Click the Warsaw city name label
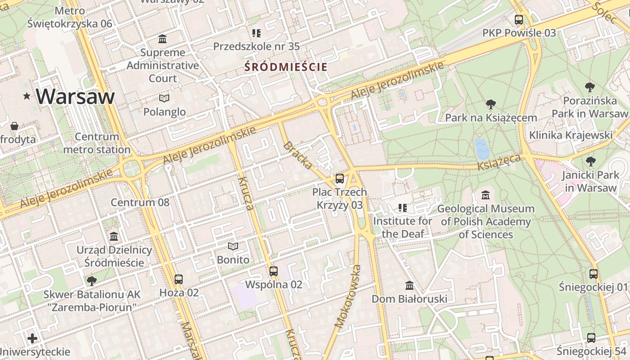coord(75,96)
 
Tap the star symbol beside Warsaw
coord(27,96)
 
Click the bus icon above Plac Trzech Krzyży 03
coord(340,178)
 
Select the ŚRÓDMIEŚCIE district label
coord(286,67)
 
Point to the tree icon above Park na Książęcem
coord(491,104)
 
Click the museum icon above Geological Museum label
coord(486,195)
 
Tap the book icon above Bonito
coord(233,246)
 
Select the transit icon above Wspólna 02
coord(274,271)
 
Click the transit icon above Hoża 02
coord(179,279)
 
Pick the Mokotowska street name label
coord(348,296)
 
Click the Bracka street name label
coord(298,155)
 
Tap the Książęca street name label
coord(499,162)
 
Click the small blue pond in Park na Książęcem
coord(482,149)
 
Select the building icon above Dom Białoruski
coord(409,285)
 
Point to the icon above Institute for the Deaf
coord(402,207)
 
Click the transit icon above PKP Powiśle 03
coord(519,19)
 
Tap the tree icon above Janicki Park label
coord(590,161)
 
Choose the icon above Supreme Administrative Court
coord(162,39)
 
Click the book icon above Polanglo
coord(164,98)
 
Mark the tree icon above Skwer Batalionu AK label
coord(92,281)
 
